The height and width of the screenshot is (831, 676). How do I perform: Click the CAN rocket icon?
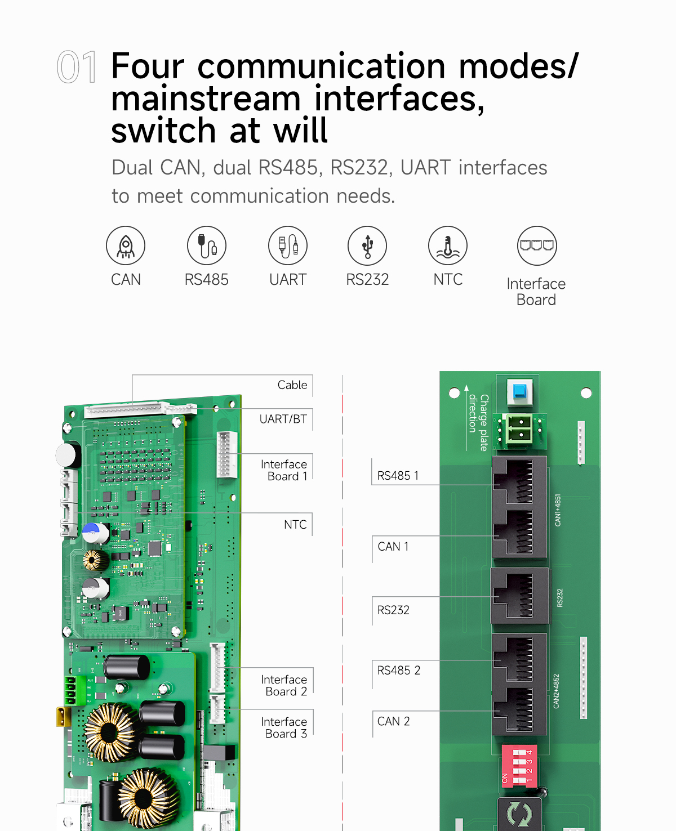tap(126, 246)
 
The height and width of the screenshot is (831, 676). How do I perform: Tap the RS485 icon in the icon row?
tap(207, 246)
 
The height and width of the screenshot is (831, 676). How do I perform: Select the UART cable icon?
tap(288, 246)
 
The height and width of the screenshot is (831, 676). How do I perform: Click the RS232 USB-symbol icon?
tap(367, 246)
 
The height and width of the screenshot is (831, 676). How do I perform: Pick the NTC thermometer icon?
tap(448, 246)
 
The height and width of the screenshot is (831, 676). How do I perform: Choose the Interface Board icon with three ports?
tap(537, 246)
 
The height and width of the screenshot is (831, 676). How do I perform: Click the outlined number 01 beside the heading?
tap(77, 68)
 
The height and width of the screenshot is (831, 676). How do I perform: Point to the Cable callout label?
tap(292, 385)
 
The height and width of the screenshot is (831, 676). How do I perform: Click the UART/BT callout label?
tap(283, 419)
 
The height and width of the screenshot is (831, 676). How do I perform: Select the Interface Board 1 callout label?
tap(284, 470)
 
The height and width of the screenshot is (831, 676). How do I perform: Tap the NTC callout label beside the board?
tap(295, 525)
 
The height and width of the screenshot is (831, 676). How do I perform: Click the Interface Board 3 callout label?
tap(284, 727)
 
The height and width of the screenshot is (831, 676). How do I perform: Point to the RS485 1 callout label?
tap(398, 476)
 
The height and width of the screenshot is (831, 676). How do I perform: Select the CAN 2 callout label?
tap(393, 721)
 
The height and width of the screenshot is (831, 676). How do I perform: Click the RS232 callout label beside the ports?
tap(393, 610)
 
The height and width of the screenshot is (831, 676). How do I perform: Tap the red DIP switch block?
tap(519, 765)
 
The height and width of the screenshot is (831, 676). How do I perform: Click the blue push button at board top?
tap(519, 391)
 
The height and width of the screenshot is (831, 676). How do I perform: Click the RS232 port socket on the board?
tap(519, 596)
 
